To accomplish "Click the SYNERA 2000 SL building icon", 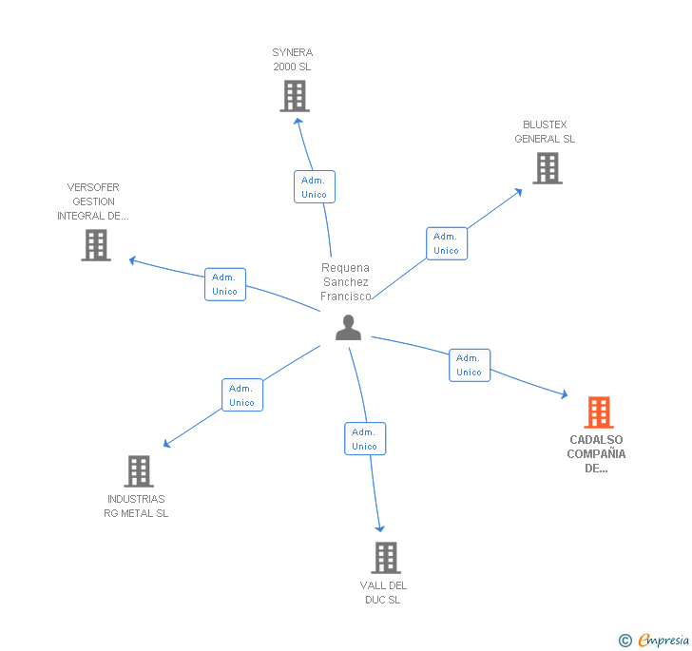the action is click(295, 96).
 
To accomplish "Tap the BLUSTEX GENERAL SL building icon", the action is click(547, 168).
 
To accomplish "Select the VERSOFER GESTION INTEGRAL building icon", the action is click(96, 245).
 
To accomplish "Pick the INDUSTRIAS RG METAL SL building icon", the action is click(139, 471).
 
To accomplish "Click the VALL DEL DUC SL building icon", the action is click(385, 558).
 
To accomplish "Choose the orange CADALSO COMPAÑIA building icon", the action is click(598, 412).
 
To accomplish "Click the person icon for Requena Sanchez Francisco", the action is click(349, 328).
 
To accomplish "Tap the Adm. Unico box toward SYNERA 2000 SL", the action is click(314, 186).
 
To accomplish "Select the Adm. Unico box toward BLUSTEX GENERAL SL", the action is click(446, 243).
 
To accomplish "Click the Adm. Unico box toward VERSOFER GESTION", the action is click(225, 284).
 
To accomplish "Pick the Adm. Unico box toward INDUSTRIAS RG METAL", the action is click(242, 394).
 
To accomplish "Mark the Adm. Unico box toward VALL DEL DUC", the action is click(364, 438).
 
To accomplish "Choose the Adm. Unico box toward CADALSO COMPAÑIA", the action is click(470, 365).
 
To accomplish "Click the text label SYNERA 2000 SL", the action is click(292, 60).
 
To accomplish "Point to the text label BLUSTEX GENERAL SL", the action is click(545, 132).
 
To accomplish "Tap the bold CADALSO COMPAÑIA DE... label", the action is click(596, 453).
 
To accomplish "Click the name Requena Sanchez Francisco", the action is click(346, 282).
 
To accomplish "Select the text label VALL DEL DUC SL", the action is click(383, 592).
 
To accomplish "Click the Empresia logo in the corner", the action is click(654, 640).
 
